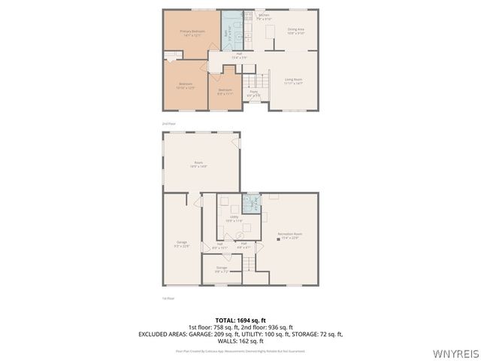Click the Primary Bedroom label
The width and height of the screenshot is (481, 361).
[192, 32]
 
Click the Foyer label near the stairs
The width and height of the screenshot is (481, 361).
[253, 93]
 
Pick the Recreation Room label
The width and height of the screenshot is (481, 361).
[289, 235]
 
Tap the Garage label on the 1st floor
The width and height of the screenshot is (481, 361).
[181, 242]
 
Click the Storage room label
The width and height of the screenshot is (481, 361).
[222, 268]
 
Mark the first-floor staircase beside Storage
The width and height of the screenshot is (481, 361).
[249, 264]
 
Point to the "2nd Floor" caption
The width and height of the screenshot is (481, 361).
[168, 123]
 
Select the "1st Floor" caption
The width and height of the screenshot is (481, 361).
[168, 299]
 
